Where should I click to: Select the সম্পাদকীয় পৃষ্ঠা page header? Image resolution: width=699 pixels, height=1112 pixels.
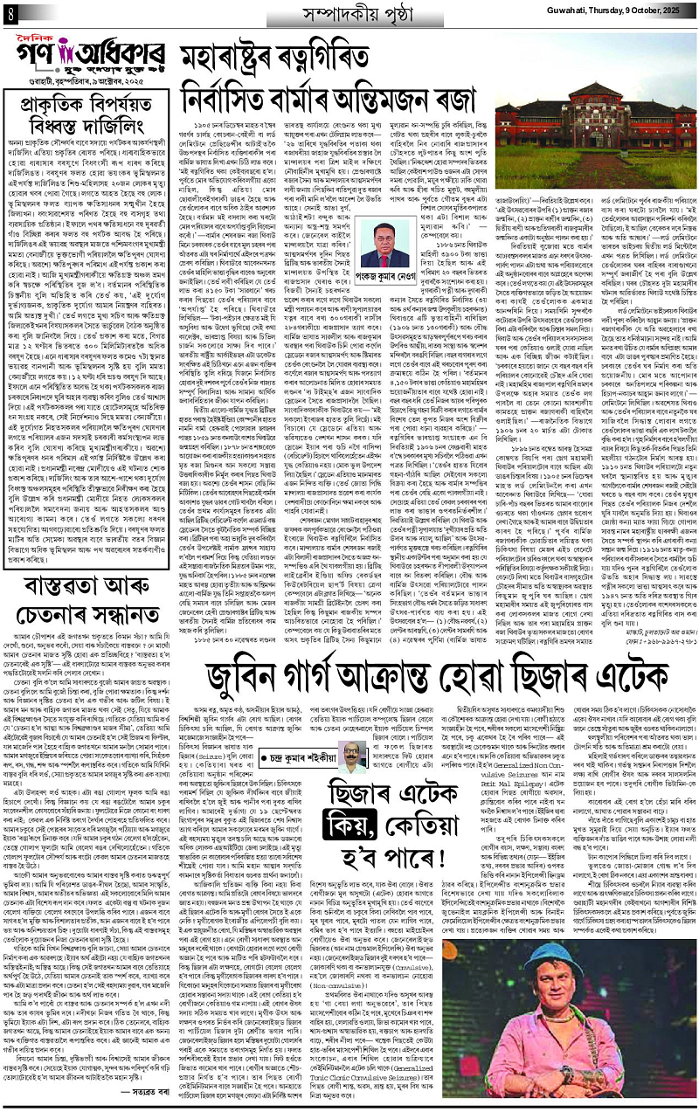(x=349, y=15)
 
